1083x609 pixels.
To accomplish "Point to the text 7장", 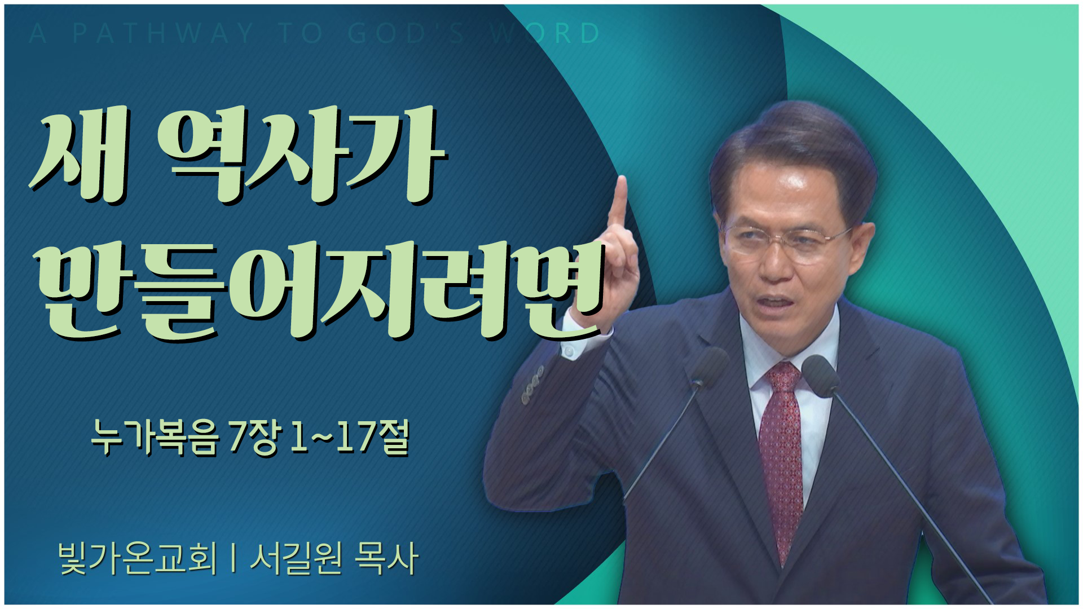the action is pos(254,439).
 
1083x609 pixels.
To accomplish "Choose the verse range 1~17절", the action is pos(348,439).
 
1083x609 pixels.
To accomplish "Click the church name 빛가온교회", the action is pos(138,558).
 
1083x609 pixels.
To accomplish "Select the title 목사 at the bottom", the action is pos(387,558).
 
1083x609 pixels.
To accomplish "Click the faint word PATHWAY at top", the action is pos(163,34).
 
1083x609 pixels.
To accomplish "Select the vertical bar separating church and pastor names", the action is pos(234,559).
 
